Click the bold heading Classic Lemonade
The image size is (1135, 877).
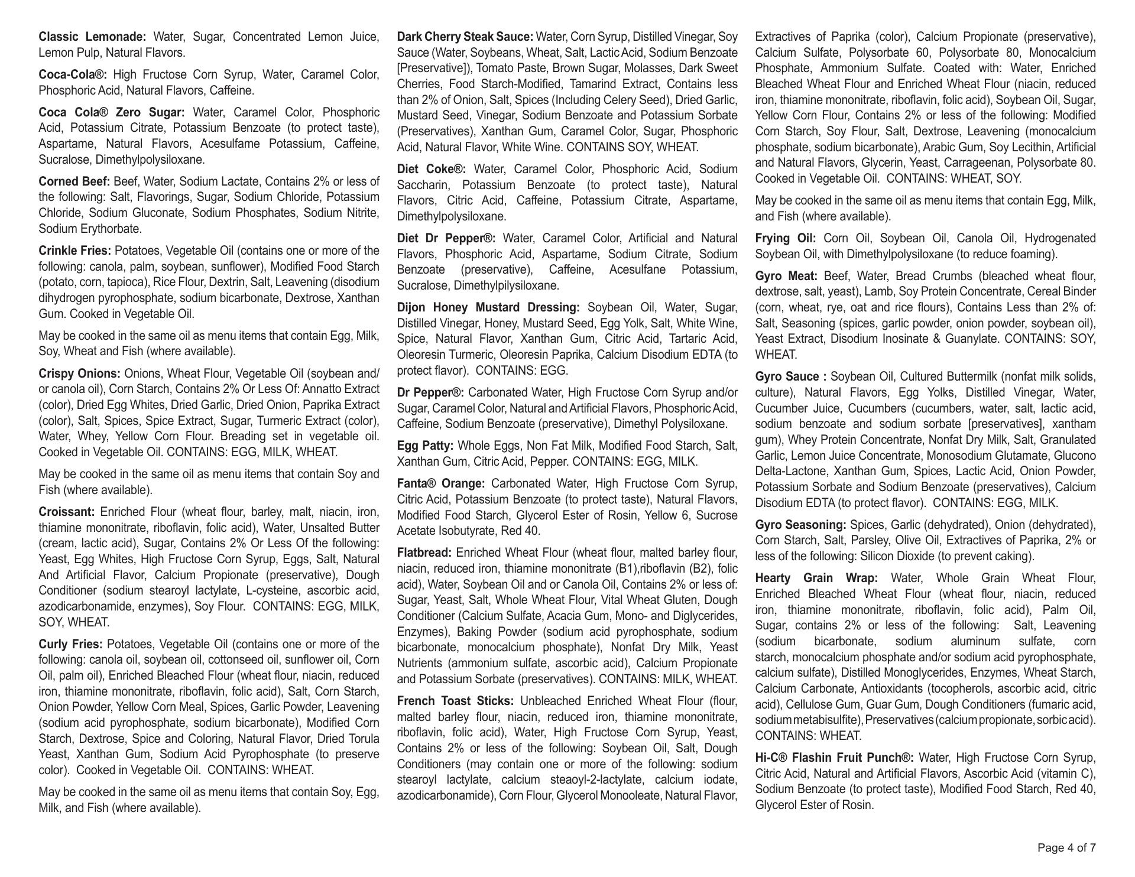pyautogui.click(x=92, y=37)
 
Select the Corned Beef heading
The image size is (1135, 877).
pyautogui.click(x=74, y=181)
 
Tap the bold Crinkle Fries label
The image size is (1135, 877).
pyautogui.click(x=74, y=251)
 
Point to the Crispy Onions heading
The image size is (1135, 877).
pyautogui.click(x=79, y=373)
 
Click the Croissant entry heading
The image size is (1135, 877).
pyautogui.click(x=67, y=512)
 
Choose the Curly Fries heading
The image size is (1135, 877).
pyautogui.click(x=70, y=644)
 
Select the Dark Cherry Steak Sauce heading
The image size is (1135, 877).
pyautogui.click(x=465, y=37)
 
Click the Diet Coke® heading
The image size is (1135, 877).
pyautogui.click(x=432, y=170)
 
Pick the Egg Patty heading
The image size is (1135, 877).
pyautogui.click(x=425, y=446)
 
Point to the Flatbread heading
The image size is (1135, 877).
pyautogui.click(x=424, y=553)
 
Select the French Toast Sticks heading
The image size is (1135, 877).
pyautogui.click(x=455, y=701)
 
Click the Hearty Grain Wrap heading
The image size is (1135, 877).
pyautogui.click(x=816, y=578)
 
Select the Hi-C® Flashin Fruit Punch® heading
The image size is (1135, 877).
pyautogui.click(x=834, y=758)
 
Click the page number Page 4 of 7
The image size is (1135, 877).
pyautogui.click(x=1066, y=848)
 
